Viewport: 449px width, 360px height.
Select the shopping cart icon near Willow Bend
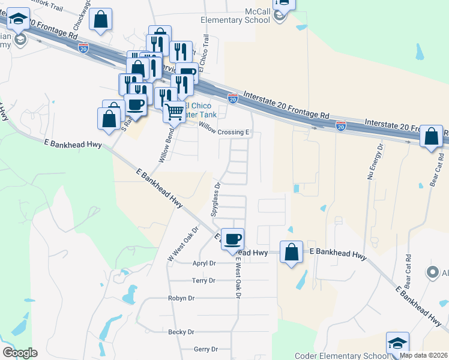click(x=174, y=111)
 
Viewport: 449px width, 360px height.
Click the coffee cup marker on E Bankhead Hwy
click(x=232, y=239)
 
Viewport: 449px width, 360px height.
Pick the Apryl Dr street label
click(x=203, y=263)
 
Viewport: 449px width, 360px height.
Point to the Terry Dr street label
click(x=203, y=280)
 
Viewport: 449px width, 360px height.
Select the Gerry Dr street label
click(x=205, y=349)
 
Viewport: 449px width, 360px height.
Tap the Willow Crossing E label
click(x=223, y=132)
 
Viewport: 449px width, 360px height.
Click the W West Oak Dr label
click(x=182, y=243)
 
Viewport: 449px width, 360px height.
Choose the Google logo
click(x=20, y=353)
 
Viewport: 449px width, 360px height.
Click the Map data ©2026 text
click(x=423, y=355)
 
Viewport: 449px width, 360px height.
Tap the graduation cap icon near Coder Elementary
click(x=397, y=343)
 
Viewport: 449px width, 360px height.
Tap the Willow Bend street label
click(x=163, y=148)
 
